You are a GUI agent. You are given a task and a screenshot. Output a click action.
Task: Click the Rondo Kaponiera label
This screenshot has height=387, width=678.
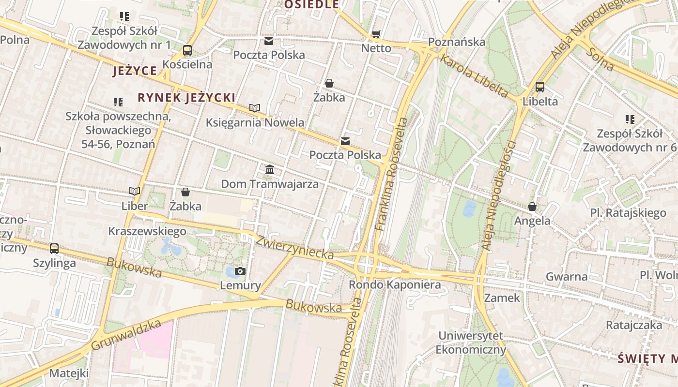395,284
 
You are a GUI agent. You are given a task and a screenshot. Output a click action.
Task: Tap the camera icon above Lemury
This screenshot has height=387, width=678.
240,271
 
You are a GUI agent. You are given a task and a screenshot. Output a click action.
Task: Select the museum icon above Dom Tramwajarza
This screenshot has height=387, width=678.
270,170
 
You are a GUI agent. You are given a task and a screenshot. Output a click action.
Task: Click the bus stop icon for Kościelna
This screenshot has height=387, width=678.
187,50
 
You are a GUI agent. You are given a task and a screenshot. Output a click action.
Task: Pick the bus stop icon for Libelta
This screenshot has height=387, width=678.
540,87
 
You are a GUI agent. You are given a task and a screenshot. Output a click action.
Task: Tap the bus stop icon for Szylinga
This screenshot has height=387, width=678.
54,249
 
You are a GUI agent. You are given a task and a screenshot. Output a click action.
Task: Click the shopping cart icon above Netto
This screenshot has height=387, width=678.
376,34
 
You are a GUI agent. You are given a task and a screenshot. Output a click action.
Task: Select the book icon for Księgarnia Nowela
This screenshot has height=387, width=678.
255,108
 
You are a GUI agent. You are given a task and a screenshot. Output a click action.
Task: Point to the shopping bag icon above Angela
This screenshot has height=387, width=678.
532,207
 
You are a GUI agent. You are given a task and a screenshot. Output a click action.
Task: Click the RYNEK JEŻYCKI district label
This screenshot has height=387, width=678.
186,98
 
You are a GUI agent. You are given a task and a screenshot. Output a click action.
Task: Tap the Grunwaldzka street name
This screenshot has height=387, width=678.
125,335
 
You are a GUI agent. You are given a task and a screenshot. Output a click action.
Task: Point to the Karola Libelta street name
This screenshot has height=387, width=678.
474,76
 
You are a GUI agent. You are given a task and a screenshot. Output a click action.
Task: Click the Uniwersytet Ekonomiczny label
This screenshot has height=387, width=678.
471,342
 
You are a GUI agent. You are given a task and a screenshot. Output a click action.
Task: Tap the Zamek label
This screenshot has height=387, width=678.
502,298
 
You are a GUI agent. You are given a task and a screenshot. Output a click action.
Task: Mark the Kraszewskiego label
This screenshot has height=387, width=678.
147,231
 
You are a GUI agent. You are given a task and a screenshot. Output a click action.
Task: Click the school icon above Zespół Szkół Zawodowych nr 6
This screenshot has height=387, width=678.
630,119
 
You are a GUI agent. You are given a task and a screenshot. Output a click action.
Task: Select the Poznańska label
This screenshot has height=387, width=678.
457,42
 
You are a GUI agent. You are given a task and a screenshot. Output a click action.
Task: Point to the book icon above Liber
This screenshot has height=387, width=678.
134,192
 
